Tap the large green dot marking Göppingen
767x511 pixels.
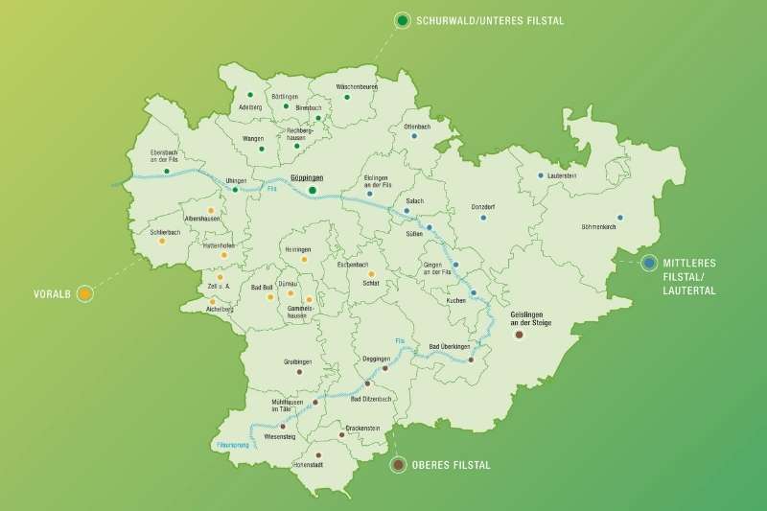[313, 190]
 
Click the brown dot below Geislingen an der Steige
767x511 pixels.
[519, 336]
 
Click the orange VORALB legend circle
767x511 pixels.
[85, 293]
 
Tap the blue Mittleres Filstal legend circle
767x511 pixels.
[649, 263]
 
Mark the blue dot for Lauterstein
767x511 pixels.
[541, 175]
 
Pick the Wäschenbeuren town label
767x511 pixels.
[356, 86]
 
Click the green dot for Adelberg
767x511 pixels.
[249, 95]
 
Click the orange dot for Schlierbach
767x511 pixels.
[161, 241]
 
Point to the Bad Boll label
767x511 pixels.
[262, 287]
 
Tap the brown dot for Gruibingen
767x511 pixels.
[299, 371]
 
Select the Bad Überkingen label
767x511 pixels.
[449, 346]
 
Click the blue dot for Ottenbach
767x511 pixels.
[414, 136]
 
